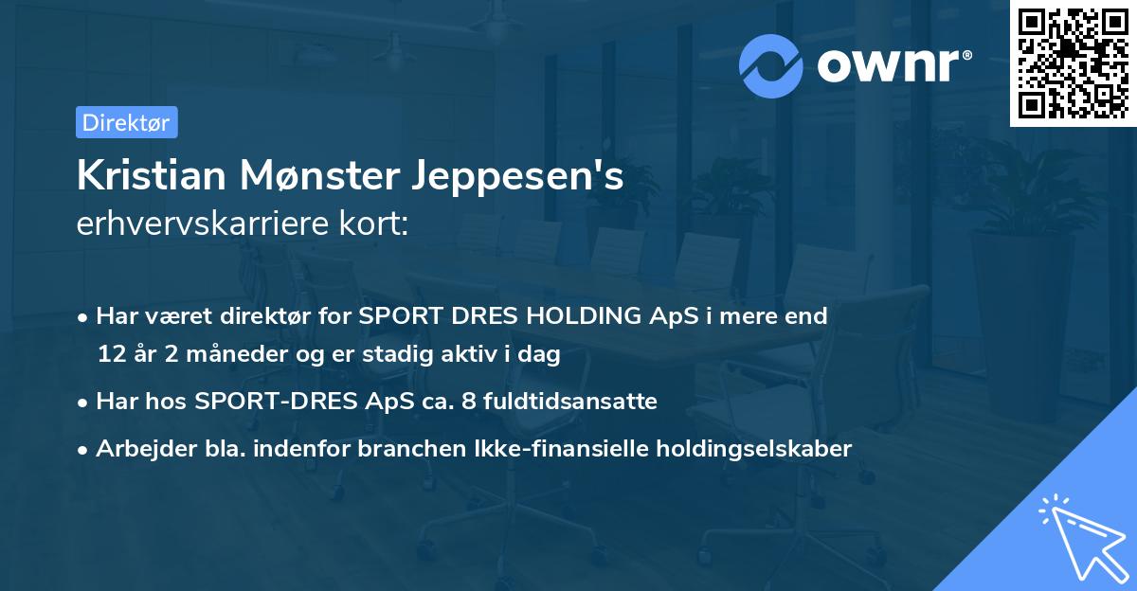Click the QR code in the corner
pos(1073,63)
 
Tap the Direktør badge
pos(126,122)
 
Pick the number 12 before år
pos(111,355)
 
